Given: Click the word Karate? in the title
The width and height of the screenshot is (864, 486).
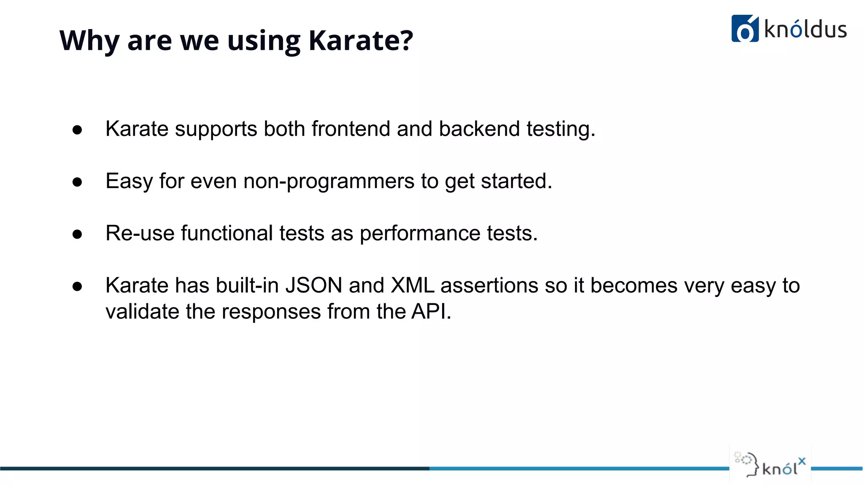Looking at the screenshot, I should (x=360, y=41).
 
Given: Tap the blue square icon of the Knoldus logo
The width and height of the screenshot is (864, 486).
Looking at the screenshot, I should (x=745, y=29).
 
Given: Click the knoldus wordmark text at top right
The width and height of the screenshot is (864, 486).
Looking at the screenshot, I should (x=805, y=30).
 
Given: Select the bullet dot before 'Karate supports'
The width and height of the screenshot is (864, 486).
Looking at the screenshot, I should (x=77, y=130).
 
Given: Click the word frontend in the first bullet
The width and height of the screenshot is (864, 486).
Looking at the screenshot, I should (x=351, y=129).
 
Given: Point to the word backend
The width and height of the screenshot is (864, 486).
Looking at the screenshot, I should (x=479, y=129).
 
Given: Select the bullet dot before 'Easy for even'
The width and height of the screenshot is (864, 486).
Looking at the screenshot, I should (x=77, y=182).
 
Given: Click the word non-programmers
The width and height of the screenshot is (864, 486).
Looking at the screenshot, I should (x=329, y=181).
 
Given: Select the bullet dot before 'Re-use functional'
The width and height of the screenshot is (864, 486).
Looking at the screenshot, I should (x=77, y=235).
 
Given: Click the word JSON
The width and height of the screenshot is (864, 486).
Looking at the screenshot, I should (x=314, y=286).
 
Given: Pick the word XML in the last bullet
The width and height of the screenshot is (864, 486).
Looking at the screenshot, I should (x=412, y=286).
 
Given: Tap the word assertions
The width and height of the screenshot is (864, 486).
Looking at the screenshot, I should (x=489, y=286).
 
